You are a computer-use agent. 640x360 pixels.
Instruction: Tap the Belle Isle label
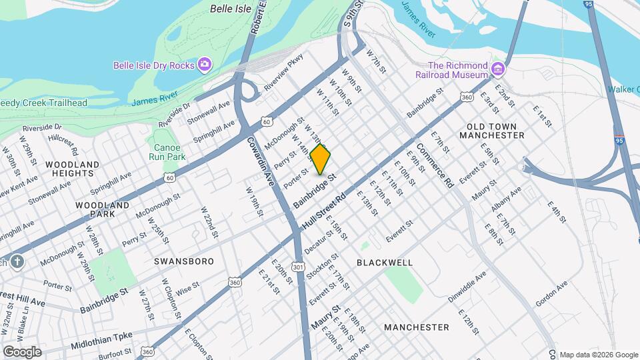click(x=229, y=9)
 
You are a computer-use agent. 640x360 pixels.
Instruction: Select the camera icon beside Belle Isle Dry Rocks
click(x=205, y=65)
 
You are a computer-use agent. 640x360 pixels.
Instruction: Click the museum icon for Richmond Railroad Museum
click(x=497, y=69)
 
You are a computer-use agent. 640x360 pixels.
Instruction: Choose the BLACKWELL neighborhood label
click(x=385, y=263)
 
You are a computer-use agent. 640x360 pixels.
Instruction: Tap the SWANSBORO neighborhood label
click(x=184, y=261)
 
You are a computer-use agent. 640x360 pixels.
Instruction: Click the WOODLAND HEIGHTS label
click(x=73, y=169)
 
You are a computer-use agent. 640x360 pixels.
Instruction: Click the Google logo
click(x=21, y=352)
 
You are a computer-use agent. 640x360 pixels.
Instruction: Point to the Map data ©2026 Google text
click(x=598, y=355)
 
